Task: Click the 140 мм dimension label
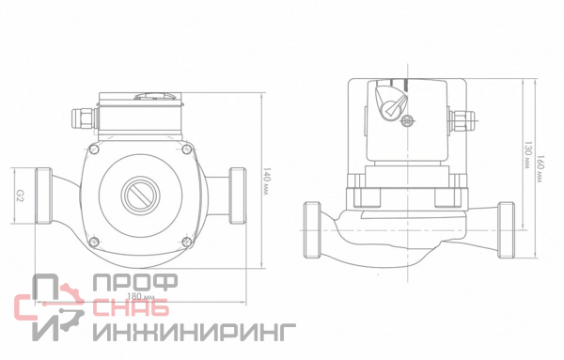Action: [x=266, y=180]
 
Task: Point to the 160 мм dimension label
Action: [x=540, y=168]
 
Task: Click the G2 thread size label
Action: [x=20, y=196]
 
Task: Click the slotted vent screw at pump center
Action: [x=140, y=196]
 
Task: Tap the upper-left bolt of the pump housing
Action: [x=93, y=149]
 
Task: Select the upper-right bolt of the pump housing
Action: [x=187, y=149]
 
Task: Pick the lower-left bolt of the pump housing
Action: [x=93, y=242]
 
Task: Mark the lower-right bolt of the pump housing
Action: [x=187, y=242]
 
